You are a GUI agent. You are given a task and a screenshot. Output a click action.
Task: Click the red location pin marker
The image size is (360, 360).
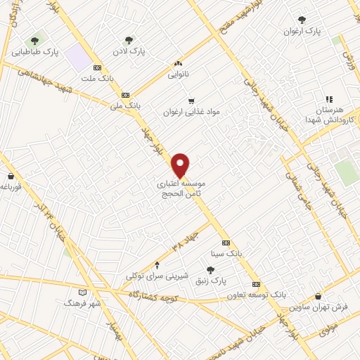click(180, 164)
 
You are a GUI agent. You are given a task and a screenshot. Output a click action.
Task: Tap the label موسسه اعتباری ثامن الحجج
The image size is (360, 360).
click(181, 187)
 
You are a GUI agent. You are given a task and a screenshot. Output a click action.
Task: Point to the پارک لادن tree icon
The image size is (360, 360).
click(128, 41)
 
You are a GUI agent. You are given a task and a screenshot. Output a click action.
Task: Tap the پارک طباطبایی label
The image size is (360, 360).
click(35, 52)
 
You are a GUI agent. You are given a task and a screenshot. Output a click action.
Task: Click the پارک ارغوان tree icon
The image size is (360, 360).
click(302, 20)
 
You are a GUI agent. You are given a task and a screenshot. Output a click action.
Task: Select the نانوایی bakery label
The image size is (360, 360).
click(177, 72)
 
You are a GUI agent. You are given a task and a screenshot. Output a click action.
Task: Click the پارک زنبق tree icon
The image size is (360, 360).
click(210, 270)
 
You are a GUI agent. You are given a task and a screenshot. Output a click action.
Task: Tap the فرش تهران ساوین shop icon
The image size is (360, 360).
click(321, 296)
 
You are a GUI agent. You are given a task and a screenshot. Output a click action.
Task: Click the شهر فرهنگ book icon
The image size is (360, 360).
click(83, 292)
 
